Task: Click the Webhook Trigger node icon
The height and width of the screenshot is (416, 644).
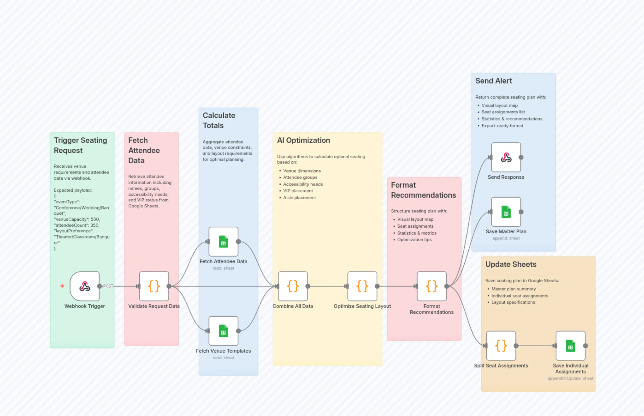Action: pyautogui.click(x=85, y=286)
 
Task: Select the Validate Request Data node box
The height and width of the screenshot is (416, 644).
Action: pyautogui.click(x=154, y=286)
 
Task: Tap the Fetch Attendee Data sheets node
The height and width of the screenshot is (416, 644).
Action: pyautogui.click(x=223, y=242)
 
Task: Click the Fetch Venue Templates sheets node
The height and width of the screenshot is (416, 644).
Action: pyautogui.click(x=223, y=331)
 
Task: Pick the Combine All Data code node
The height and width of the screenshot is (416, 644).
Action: pyautogui.click(x=293, y=286)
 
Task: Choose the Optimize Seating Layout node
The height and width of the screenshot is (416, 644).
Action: pyautogui.click(x=362, y=286)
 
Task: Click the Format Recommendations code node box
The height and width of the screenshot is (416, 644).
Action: pyautogui.click(x=432, y=286)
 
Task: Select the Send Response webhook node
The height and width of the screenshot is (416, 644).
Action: pyautogui.click(x=506, y=157)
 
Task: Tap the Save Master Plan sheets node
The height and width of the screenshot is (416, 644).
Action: pyautogui.click(x=506, y=212)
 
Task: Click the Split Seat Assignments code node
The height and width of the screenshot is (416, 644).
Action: pyautogui.click(x=501, y=346)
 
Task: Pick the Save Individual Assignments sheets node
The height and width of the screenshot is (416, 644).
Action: pyautogui.click(x=570, y=346)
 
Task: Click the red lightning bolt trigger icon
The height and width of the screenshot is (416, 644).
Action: pyautogui.click(x=62, y=286)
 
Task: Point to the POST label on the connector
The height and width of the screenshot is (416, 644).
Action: pyautogui.click(x=108, y=286)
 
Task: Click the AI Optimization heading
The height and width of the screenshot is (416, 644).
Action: pyautogui.click(x=303, y=140)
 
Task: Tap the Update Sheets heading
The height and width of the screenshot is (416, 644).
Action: pyautogui.click(x=511, y=264)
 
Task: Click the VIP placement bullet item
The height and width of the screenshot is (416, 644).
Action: pyautogui.click(x=298, y=191)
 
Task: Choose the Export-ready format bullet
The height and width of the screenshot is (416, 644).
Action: pyautogui.click(x=502, y=126)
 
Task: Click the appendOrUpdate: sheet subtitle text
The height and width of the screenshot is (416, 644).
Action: pyautogui.click(x=570, y=378)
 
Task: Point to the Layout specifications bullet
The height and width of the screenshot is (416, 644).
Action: pyautogui.click(x=513, y=302)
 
